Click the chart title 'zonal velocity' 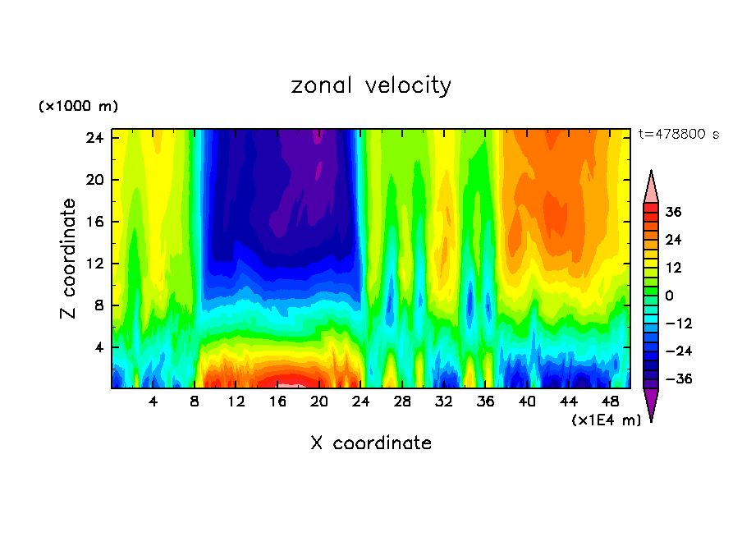click(x=371, y=85)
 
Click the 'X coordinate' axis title click(x=371, y=443)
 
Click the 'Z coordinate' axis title click(x=69, y=259)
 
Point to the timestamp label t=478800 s click(x=678, y=135)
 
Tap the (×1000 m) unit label click(x=78, y=107)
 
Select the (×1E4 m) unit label click(x=606, y=420)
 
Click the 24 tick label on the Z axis click(x=94, y=138)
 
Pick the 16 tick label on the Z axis click(x=94, y=222)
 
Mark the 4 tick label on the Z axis click(x=98, y=347)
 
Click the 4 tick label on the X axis click(x=153, y=402)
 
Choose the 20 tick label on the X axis click(x=319, y=402)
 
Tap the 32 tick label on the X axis click(x=444, y=402)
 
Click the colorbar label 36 click(x=674, y=212)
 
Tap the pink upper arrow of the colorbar click(x=651, y=187)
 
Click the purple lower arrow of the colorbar click(x=651, y=403)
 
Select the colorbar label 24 click(x=674, y=240)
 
